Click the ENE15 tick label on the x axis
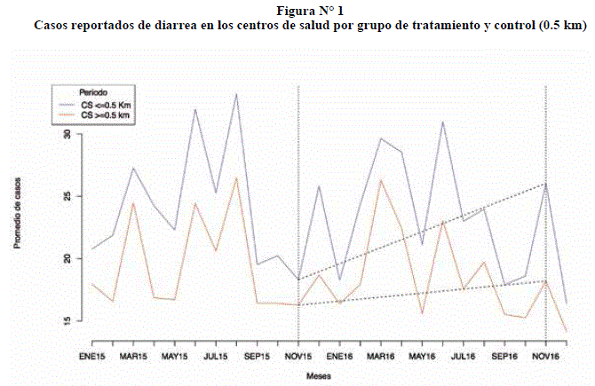[x=92, y=357]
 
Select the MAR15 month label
[x=133, y=357]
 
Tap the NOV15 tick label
[x=298, y=357]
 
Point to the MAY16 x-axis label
[x=422, y=357]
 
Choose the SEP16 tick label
[x=504, y=357]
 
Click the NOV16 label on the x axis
[x=545, y=357]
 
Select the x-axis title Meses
[x=318, y=375]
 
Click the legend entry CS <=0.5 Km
[x=106, y=105]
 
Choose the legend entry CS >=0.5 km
[x=106, y=115]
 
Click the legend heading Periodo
[x=93, y=92]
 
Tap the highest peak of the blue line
[x=236, y=93]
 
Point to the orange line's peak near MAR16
[x=381, y=180]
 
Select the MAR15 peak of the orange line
[x=133, y=203]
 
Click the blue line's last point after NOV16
[x=566, y=303]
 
